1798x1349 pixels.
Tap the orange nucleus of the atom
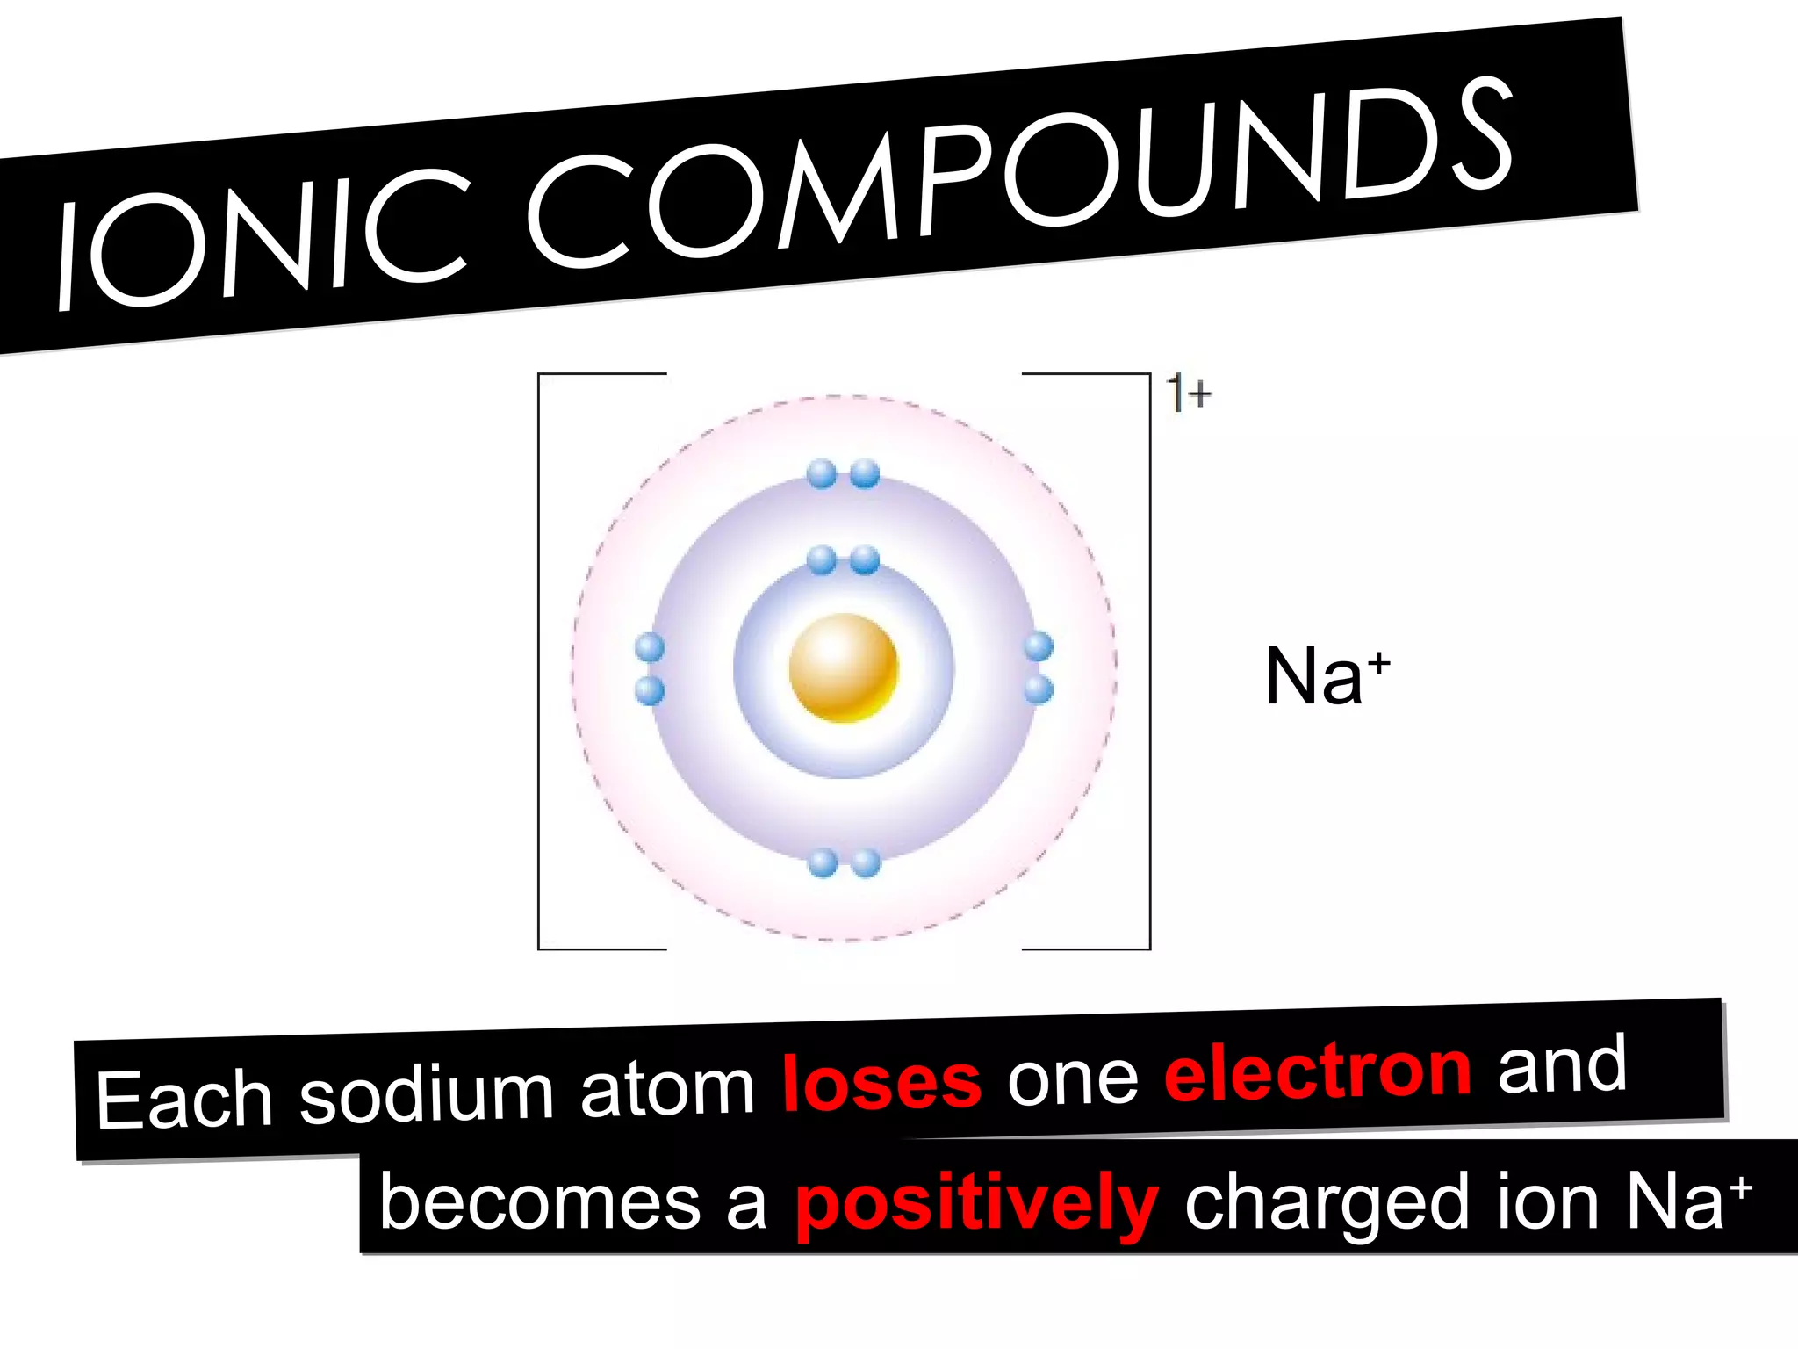pos(844,668)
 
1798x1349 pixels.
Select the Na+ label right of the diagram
pos(1327,676)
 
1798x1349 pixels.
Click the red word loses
pos(881,1083)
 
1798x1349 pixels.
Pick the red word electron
pos(1317,1071)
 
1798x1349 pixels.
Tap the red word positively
pos(976,1203)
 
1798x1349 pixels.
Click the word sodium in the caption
pos(427,1093)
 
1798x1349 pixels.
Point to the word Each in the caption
pos(183,1100)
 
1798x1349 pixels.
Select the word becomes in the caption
pos(539,1202)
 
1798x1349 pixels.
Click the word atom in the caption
pos(667,1088)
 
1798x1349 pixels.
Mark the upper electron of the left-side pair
pos(649,648)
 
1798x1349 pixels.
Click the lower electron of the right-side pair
pos(1039,689)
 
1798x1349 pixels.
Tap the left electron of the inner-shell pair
pos(822,559)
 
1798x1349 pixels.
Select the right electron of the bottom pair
pos(866,863)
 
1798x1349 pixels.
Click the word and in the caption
pos(1562,1064)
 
